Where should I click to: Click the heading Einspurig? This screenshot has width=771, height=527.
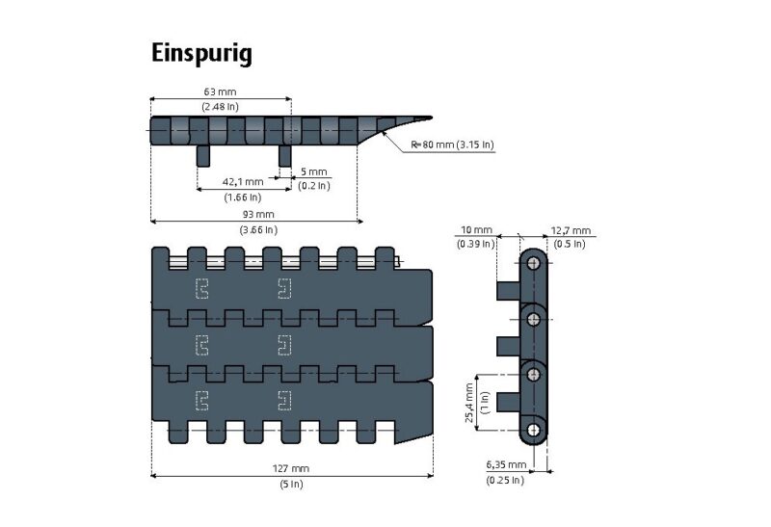pos(201,53)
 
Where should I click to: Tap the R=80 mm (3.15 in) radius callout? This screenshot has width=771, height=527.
pos(452,145)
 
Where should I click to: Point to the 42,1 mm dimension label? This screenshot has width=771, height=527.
pos(242,181)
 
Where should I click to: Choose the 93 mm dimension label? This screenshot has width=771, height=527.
pos(257,214)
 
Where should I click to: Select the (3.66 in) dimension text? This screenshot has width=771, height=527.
pos(257,229)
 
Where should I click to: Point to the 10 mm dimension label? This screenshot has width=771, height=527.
pos(475,230)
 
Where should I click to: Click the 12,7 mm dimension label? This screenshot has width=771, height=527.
pos(571,230)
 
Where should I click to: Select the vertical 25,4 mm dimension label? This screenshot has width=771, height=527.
pos(469,402)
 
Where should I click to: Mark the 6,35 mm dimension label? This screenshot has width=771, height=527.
pos(506,464)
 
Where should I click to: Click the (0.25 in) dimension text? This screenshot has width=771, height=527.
pos(506,479)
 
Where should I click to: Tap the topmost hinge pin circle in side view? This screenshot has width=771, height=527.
pos(534,264)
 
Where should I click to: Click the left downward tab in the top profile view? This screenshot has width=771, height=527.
pos(202,155)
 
